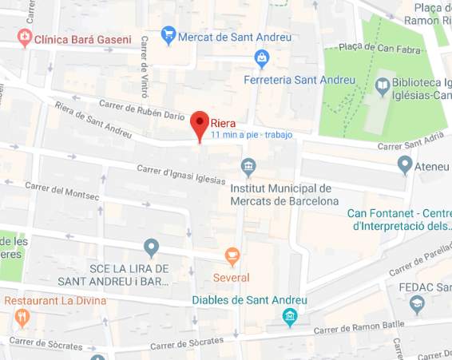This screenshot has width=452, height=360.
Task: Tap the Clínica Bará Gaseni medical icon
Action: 25,37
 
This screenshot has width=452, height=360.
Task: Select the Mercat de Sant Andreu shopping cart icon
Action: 168,35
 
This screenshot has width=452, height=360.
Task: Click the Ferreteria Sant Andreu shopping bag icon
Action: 261,57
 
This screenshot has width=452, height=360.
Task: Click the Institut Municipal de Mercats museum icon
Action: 248,168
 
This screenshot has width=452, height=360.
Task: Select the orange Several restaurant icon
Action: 232,257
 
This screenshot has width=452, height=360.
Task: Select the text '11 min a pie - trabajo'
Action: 252,135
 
